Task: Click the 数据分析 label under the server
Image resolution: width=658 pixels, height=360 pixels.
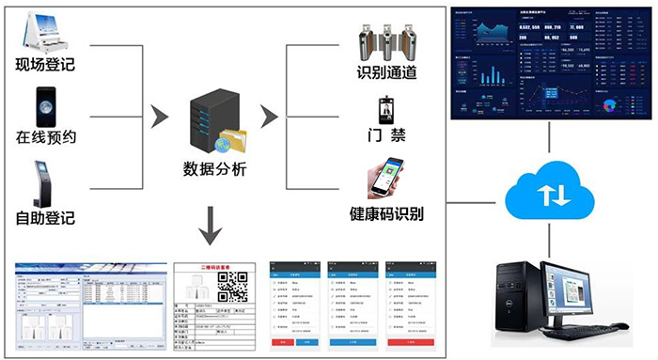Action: tap(214, 169)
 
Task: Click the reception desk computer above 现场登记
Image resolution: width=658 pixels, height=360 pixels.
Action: tap(43, 28)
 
